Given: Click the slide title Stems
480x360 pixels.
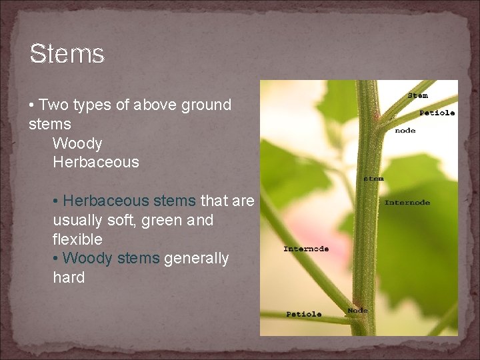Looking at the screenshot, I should tap(67, 53).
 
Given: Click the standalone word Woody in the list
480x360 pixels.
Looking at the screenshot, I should tap(77, 143).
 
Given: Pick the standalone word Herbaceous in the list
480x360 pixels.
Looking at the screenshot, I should tap(96, 162).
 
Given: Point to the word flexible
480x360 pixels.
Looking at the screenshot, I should tap(77, 239).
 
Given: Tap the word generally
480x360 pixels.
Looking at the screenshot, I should tap(196, 258).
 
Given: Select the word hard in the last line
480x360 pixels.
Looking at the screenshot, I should tap(69, 277).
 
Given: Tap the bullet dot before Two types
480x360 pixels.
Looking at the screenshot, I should tap(32, 105).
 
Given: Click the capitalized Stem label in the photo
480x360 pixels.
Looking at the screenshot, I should tap(417, 95).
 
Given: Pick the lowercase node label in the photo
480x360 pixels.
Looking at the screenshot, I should tap(405, 131).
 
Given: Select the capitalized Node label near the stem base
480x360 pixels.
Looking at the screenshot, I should tap(357, 310).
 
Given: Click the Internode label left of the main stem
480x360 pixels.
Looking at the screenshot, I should tap(306, 249).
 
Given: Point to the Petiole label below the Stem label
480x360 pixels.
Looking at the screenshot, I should tap(437, 113).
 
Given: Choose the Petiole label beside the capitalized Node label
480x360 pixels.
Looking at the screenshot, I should tap(303, 314).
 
